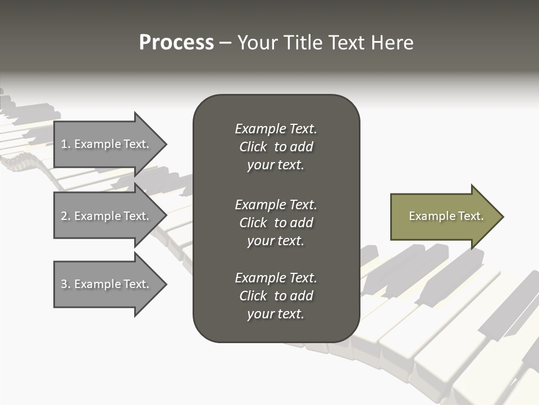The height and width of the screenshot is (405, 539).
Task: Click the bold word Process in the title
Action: tap(176, 43)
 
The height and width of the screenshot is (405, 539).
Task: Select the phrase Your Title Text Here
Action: tap(325, 43)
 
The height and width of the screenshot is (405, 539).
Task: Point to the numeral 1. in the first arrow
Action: tap(66, 145)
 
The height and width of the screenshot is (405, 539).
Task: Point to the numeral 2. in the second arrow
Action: tap(66, 217)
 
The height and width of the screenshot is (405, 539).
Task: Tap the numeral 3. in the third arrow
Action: tap(66, 285)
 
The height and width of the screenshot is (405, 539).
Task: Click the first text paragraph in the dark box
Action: tap(276, 147)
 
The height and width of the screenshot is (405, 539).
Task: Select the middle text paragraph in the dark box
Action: tap(276, 223)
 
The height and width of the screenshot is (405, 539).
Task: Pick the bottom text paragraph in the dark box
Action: tap(276, 296)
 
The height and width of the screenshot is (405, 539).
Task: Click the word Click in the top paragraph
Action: tap(253, 147)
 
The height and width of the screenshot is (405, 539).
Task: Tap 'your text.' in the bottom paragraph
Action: tap(276, 314)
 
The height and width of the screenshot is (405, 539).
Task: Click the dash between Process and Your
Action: tap(225, 43)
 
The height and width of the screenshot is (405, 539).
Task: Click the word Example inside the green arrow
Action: tap(427, 217)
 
